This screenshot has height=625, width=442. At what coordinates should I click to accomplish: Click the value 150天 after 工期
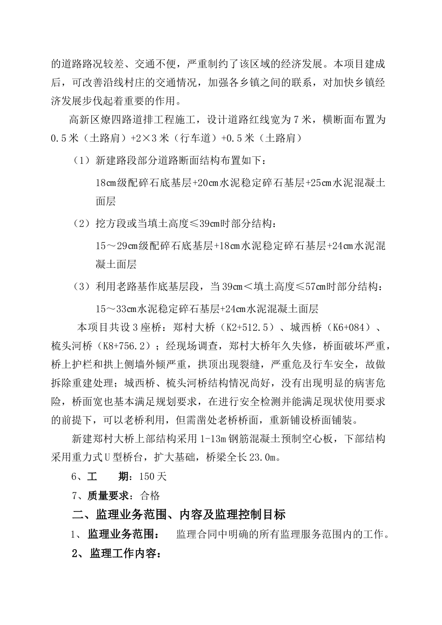153,477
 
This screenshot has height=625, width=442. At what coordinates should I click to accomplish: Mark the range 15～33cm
115,309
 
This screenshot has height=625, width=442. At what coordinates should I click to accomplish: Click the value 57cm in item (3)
316,287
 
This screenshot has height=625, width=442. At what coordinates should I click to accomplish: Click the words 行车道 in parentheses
204,139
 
